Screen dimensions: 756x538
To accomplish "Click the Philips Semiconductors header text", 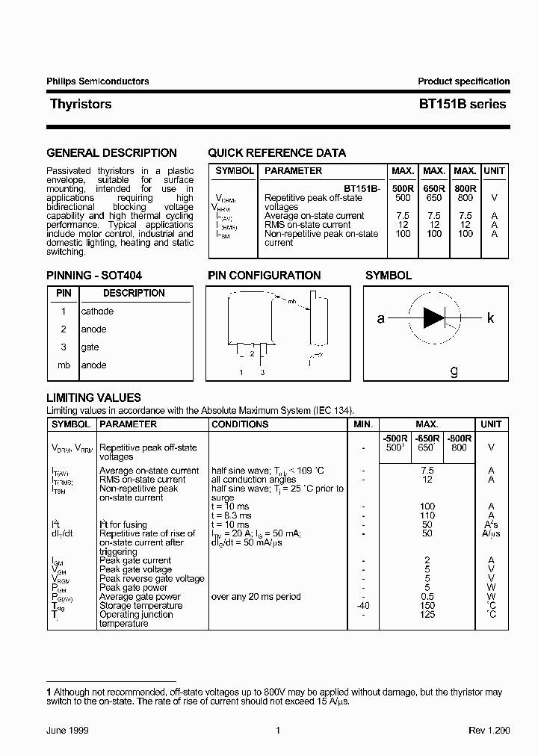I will (x=98, y=81).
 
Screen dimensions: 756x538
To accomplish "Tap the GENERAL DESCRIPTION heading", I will (x=111, y=153).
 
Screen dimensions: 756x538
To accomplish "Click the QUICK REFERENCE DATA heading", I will (x=276, y=153).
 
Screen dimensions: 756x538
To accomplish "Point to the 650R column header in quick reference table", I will (x=433, y=189).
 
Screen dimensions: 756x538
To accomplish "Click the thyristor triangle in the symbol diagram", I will (x=433, y=318).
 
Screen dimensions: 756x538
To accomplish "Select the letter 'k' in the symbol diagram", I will (x=491, y=318).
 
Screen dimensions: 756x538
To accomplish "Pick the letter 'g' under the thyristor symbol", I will (x=454, y=371).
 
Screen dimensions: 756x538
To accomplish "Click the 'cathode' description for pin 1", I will (x=97, y=312).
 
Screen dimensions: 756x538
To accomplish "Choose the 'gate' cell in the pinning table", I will (x=90, y=347).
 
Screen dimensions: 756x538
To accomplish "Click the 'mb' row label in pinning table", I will (x=64, y=365).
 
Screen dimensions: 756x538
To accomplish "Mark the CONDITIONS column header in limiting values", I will (x=240, y=424).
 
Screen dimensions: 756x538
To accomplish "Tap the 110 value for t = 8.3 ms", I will (x=427, y=515).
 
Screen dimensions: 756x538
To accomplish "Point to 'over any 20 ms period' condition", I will (x=256, y=597).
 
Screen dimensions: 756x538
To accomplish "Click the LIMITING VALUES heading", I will (x=93, y=398).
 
